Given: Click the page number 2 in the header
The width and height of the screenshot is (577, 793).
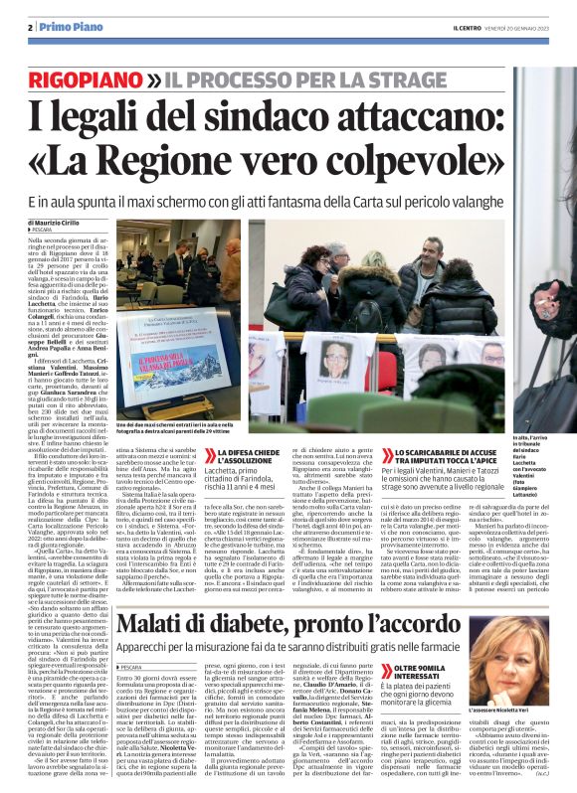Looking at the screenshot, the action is click(x=32, y=26).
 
